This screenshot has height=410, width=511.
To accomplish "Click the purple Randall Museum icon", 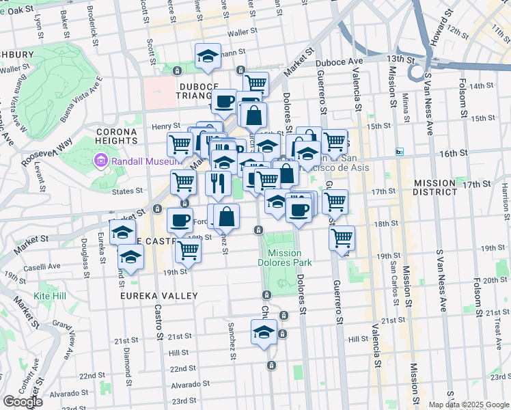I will (100, 161).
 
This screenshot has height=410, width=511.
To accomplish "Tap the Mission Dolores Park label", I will (285, 258).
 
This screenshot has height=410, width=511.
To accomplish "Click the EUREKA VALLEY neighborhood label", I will (158, 296).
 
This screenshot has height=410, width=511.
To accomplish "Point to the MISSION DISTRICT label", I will (434, 188).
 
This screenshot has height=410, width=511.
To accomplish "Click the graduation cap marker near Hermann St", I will (208, 57).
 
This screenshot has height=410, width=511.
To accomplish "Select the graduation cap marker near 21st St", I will (263, 334).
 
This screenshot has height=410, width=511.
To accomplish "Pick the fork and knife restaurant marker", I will (217, 183).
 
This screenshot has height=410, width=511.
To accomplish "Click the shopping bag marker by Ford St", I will (227, 217).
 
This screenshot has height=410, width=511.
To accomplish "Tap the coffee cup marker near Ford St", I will (180, 221).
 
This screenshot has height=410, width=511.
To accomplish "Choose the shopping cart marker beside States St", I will (183, 182).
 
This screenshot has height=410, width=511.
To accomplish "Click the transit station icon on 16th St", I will (400, 152).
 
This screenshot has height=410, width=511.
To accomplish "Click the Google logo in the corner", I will (23, 402).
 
